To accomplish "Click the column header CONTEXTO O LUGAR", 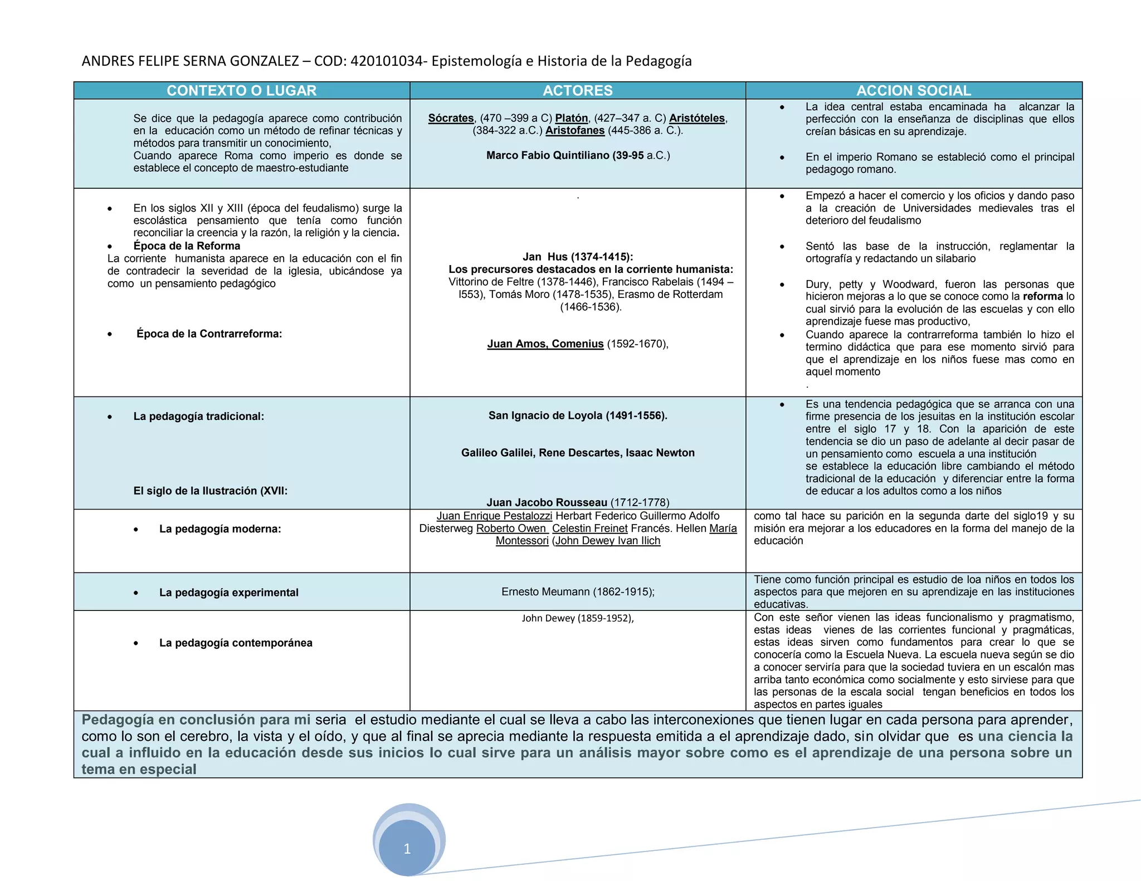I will point(241,91).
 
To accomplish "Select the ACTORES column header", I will point(578,91).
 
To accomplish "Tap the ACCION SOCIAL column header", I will point(914,91).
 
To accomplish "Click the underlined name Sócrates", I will point(451,118).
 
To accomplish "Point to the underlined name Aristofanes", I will point(575,130).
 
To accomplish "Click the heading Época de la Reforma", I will point(187,246).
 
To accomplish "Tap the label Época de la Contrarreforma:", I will point(209,334).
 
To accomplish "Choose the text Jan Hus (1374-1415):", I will point(578,257).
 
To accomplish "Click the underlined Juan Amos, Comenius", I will point(545,344).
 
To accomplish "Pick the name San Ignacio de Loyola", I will point(578,415).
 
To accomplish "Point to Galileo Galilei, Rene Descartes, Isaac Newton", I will point(578,453).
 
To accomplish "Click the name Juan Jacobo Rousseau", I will point(547,502).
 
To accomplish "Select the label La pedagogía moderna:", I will point(220,529).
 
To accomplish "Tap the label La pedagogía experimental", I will point(229,593).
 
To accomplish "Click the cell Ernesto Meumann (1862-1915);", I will point(578,591).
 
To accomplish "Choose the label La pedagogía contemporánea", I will point(236,643).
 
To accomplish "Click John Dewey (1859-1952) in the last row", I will point(578,618).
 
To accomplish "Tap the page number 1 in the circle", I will point(407,849).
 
